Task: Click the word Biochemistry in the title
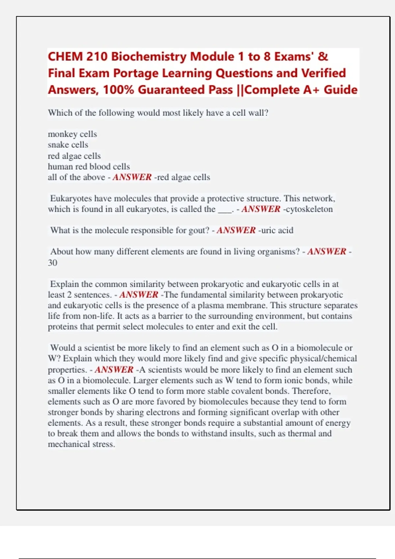click(x=149, y=57)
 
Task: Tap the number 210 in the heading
click(x=97, y=57)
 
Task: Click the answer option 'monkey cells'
click(x=72, y=134)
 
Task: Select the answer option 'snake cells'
click(x=68, y=145)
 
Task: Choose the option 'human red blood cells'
click(x=89, y=166)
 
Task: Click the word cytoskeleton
click(x=309, y=209)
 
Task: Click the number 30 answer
click(x=53, y=263)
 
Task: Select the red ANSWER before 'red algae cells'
click(x=132, y=177)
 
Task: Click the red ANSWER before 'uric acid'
click(x=236, y=230)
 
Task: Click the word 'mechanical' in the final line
click(x=69, y=444)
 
